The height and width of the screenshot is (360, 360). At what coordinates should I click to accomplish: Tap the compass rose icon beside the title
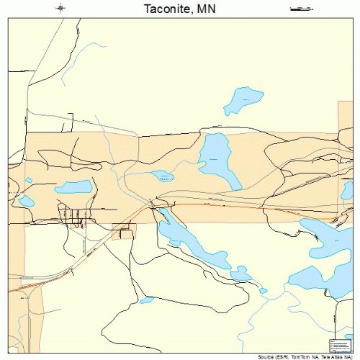[x=61, y=8]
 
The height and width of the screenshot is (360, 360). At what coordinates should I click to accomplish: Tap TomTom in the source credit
[x=303, y=356]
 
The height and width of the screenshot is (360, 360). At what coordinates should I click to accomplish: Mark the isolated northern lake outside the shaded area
[x=242, y=100]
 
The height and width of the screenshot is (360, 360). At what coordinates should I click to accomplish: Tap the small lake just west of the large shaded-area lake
[x=162, y=175]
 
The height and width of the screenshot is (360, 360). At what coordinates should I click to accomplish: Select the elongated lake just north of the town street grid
[x=73, y=187]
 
